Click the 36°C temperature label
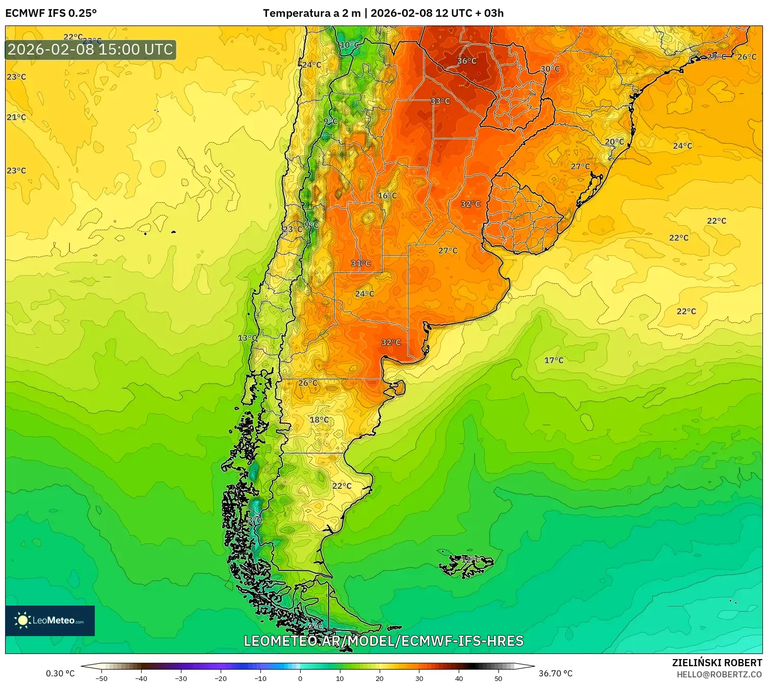point(466,61)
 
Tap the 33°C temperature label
point(440,101)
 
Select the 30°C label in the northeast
point(549,69)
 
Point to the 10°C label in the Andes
point(349,45)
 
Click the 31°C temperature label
point(360,264)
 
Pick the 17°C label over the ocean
point(553,360)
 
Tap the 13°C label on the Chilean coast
point(247,338)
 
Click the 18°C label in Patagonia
point(319,420)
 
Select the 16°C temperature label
point(387,196)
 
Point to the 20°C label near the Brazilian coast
point(614,142)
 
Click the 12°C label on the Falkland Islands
point(468,560)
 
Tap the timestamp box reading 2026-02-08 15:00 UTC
point(90,49)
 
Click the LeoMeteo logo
point(50,620)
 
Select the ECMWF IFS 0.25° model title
point(51,13)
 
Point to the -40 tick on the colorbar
point(141,678)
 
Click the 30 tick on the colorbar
point(419,678)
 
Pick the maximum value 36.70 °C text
point(555,673)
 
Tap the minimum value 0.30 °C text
point(60,673)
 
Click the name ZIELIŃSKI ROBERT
point(717,663)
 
